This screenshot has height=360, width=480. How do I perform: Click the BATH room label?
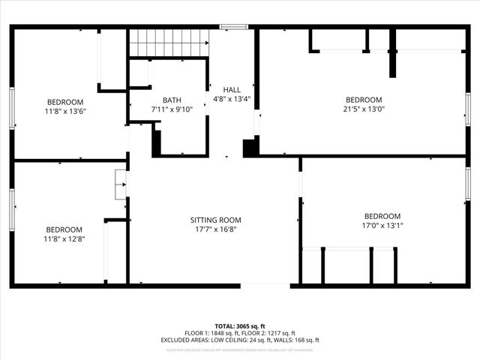click(x=172, y=100)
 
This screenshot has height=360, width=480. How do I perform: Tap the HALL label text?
click(x=221, y=90)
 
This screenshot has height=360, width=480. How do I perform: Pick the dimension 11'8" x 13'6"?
click(x=65, y=112)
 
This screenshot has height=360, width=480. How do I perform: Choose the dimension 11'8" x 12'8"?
click(x=64, y=239)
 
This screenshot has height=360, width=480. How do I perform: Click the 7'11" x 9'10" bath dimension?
click(x=172, y=109)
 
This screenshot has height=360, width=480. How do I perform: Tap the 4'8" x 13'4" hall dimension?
click(x=221, y=99)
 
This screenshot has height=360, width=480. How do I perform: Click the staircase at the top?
click(x=167, y=43)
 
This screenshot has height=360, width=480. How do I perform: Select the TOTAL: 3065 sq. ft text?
click(x=240, y=327)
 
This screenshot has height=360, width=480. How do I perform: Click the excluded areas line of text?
click(x=240, y=340)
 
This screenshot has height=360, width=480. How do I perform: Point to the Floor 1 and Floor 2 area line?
click(x=240, y=333)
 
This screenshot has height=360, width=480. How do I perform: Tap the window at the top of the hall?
click(x=233, y=28)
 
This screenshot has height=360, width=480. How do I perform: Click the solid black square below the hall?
click(x=250, y=148)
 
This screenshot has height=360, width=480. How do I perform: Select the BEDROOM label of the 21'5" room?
click(x=364, y=100)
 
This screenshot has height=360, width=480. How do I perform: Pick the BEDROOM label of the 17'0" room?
click(x=382, y=216)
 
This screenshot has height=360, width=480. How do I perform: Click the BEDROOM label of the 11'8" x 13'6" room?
click(x=65, y=102)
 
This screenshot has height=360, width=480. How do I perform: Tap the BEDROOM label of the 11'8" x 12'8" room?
click(x=64, y=229)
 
